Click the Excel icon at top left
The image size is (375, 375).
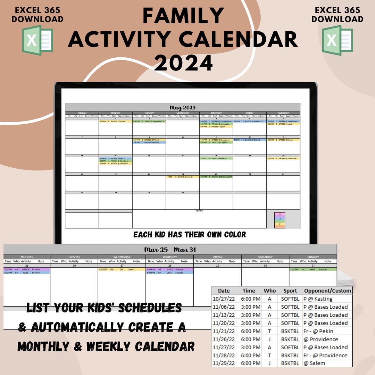pos(37,40)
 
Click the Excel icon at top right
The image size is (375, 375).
pos(337,40)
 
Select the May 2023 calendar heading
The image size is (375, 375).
pos(183,108)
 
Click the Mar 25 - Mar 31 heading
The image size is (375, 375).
pos(170,250)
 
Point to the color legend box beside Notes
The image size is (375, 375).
pos(280,220)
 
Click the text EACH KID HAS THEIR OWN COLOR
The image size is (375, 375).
pos(190,235)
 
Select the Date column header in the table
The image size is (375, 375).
pos(224,291)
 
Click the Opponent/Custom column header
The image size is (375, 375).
pos(327,291)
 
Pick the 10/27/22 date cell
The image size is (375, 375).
pos(224,299)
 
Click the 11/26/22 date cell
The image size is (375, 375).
pos(224,339)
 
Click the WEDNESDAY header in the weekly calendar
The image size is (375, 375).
pos(122,257)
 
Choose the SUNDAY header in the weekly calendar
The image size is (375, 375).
pos(312,257)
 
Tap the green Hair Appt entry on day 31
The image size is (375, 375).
pos(312,269)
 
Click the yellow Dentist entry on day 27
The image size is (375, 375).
pos(122,269)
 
